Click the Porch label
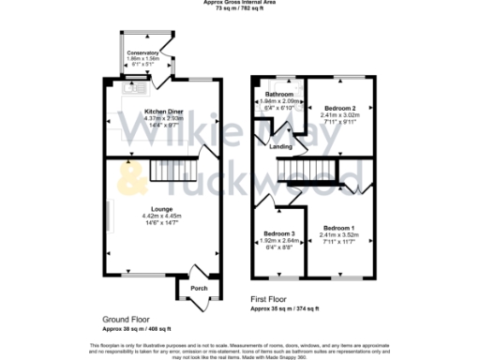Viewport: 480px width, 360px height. (x=199, y=288)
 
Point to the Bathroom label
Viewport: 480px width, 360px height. (x=279, y=95)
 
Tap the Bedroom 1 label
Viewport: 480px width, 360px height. (x=339, y=229)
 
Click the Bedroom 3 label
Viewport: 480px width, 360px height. (x=279, y=233)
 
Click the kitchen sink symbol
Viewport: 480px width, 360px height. (x=123, y=91)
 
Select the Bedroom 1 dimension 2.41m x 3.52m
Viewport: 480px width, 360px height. (x=339, y=235)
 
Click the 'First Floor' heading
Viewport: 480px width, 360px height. (x=271, y=299)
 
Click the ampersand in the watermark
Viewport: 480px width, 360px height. (x=134, y=173)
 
